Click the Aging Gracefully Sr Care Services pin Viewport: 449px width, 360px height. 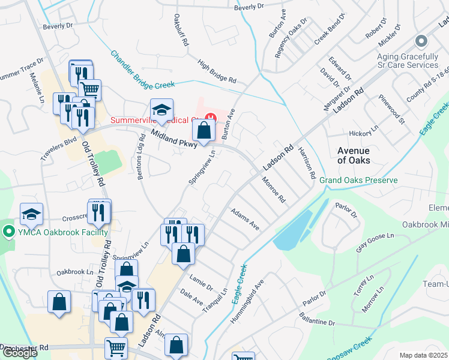pyautogui.click(x=421, y=41)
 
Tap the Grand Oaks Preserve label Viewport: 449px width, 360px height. pyautogui.click(x=358, y=180)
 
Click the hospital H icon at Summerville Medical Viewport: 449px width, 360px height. pyautogui.click(x=210, y=116)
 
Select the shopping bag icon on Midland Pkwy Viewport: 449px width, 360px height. pyautogui.click(x=204, y=130)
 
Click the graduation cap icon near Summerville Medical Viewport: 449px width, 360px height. pyautogui.click(x=161, y=109)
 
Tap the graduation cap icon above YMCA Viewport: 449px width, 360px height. pyautogui.click(x=32, y=214)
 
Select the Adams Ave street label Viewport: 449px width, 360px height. pyautogui.click(x=245, y=219)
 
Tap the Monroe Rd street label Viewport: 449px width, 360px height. pyautogui.click(x=273, y=190)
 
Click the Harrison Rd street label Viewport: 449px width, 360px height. pyautogui.click(x=306, y=164)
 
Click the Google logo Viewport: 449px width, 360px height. pyautogui.click(x=20, y=353)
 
